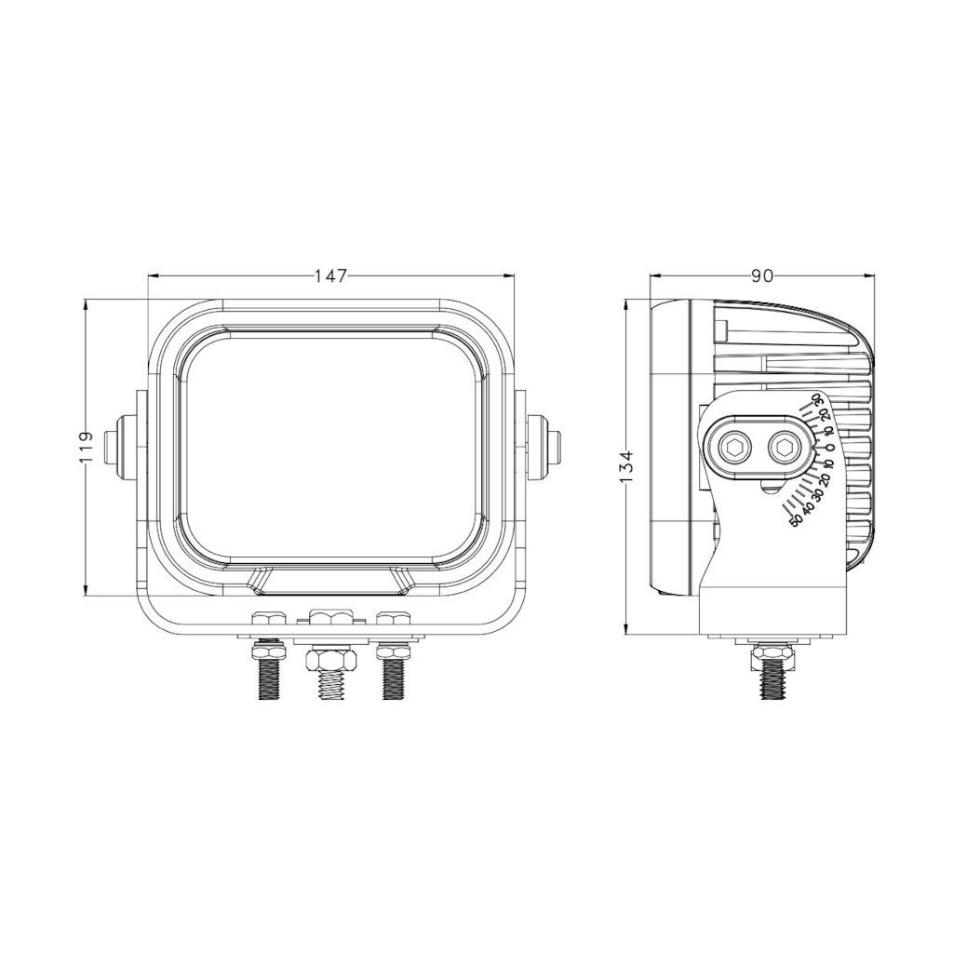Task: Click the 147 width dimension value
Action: pyautogui.click(x=330, y=275)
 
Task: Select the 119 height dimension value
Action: pyautogui.click(x=86, y=448)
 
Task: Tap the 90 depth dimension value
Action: pyautogui.click(x=762, y=275)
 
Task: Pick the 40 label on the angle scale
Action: pyautogui.click(x=808, y=509)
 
